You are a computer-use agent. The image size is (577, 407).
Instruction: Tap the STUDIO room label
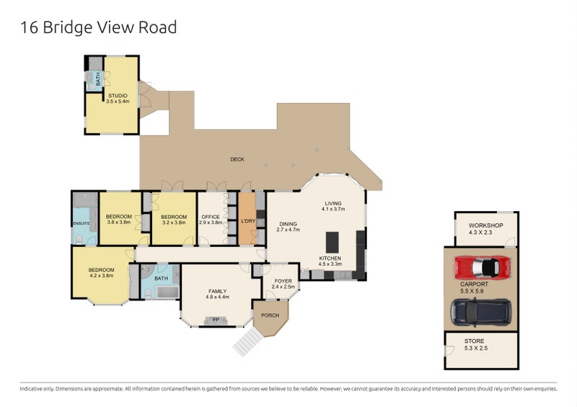(118, 95)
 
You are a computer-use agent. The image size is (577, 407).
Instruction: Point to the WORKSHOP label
(485, 225)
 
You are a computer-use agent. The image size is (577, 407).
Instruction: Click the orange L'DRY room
(247, 220)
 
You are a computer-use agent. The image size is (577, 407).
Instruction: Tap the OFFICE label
(211, 217)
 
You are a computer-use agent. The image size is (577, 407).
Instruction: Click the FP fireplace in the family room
(215, 319)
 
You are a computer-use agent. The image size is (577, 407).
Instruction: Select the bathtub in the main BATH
(167, 292)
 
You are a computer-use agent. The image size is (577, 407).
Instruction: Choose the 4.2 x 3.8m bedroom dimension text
(101, 275)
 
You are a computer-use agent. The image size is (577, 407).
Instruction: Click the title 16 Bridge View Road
(98, 28)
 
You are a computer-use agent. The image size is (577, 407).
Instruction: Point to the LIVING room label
(333, 203)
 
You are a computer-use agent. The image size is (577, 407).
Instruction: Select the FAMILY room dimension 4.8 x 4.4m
(217, 297)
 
